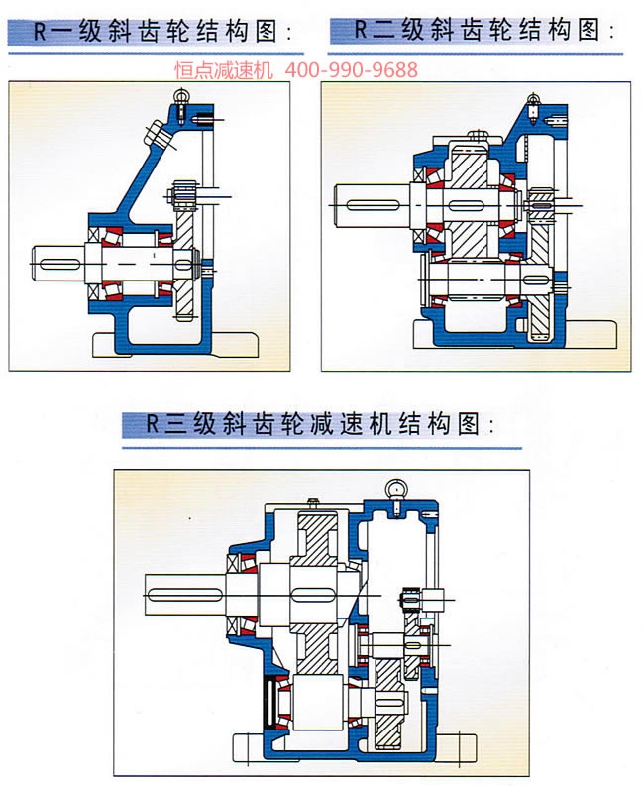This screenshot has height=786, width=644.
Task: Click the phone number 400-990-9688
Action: point(352,70)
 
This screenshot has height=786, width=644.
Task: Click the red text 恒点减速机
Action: point(226,70)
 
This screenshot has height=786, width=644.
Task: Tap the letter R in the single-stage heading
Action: point(41,31)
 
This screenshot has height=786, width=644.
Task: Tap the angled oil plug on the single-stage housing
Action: point(156,133)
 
